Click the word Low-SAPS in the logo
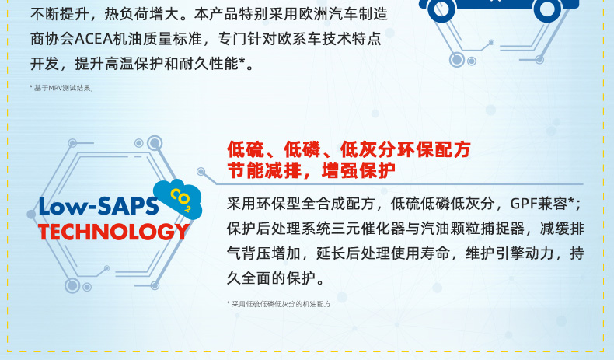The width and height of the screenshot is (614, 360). coord(98,206)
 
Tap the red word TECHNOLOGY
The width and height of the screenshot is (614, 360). coord(114,232)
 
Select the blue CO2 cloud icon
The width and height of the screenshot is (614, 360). coord(178,198)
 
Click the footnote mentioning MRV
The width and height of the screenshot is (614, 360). coord(61,88)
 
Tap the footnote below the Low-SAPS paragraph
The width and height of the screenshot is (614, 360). coord(278,304)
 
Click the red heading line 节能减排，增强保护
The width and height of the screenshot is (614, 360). coord(311,170)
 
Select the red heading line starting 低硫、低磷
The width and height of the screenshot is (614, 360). coord(348,149)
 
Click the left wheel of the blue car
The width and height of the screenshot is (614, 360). coord(441,9)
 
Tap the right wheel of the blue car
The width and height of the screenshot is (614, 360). coord(547,9)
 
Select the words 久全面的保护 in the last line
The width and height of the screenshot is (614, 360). coord(271,278)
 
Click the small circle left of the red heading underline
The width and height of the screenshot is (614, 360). coord(201,172)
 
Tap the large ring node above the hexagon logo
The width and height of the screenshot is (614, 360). coord(155,143)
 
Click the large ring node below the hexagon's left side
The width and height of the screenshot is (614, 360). coord(72,285)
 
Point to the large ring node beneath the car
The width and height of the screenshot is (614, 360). coord(456,60)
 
